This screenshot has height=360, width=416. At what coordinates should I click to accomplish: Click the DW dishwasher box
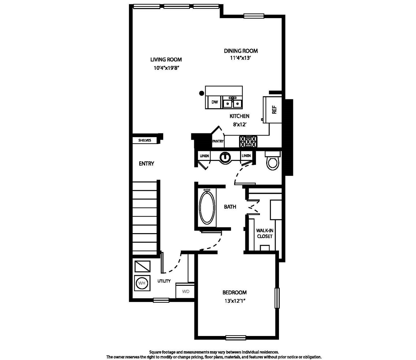214,102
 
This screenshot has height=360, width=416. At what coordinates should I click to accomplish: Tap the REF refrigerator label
274,110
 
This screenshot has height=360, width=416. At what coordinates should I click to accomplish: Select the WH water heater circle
142,283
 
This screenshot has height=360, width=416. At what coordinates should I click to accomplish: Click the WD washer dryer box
185,291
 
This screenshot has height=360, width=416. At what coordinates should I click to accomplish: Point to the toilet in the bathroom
273,161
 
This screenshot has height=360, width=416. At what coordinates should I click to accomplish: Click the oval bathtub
207,207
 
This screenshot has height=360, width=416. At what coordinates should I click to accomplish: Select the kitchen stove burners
248,142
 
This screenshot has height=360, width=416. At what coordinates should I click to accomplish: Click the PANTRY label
218,141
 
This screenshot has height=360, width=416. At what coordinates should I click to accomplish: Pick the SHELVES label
144,140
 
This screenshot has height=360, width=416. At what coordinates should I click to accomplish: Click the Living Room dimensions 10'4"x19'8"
167,68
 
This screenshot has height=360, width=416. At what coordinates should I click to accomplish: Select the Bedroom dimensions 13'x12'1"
235,301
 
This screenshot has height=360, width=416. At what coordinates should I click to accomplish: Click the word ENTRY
146,164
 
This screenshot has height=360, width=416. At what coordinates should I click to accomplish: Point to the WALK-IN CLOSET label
265,233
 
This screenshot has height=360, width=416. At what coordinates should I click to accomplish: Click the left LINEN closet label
204,156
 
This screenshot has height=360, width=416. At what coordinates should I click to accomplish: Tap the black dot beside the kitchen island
201,93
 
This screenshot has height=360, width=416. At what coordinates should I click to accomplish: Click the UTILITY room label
164,281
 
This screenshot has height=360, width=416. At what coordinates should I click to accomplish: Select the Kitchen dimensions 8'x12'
240,124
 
